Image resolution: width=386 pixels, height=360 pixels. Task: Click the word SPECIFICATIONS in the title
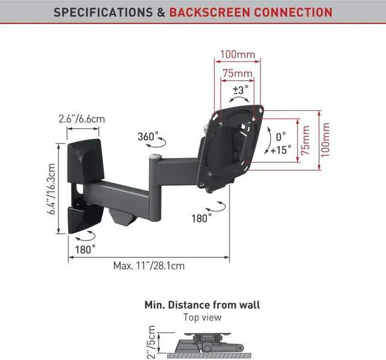point(100,11)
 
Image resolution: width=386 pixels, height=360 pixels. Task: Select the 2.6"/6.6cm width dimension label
point(82,119)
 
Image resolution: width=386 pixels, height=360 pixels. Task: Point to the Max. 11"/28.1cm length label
point(149,265)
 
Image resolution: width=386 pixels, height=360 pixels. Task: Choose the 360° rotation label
point(148,136)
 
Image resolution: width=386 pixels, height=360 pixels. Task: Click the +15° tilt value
point(280,148)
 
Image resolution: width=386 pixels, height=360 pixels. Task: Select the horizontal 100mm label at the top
point(236,55)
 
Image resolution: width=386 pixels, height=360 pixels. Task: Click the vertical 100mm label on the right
point(326,140)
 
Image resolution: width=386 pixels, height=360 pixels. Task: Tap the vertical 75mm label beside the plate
point(306,141)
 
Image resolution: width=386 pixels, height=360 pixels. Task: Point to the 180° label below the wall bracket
point(85,248)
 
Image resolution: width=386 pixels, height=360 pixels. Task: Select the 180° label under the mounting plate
point(201,218)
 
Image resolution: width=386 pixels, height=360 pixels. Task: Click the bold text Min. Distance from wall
point(202,305)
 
